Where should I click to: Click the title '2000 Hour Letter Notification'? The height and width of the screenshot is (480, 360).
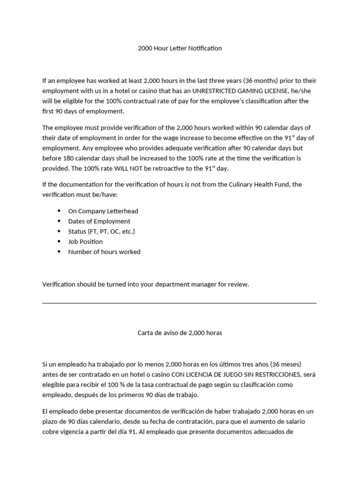[x=180, y=48]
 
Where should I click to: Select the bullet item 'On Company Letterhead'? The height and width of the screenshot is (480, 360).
[x=103, y=211]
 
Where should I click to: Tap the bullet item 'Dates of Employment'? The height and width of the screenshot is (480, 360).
[x=99, y=221]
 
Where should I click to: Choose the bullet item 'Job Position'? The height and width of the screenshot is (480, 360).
[x=85, y=242]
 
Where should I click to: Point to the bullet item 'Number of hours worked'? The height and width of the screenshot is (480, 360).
[x=104, y=252]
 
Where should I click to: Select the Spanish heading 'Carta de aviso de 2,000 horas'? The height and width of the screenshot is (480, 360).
[x=180, y=333]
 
